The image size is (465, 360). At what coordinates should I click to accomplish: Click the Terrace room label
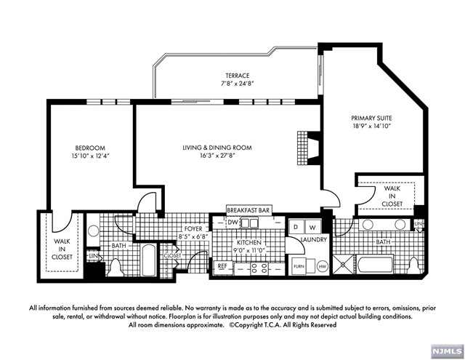tap(238, 76)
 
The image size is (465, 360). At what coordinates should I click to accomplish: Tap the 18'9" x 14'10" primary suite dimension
tap(372, 126)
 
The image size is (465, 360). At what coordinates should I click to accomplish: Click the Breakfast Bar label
tap(248, 210)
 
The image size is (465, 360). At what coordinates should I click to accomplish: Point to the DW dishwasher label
tap(233, 223)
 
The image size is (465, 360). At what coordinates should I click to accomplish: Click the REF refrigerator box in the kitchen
tap(223, 266)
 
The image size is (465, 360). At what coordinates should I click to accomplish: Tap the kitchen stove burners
tap(259, 268)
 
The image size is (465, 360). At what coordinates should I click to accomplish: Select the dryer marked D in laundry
tap(296, 228)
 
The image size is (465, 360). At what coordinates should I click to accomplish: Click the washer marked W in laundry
tap(312, 228)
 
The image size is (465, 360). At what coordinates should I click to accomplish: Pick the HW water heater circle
tap(323, 266)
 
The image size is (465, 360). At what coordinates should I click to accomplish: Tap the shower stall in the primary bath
tap(344, 264)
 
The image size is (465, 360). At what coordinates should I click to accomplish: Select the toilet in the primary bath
tap(413, 265)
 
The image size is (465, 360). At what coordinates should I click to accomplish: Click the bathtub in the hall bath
tap(149, 260)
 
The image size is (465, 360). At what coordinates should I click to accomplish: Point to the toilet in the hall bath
tap(116, 268)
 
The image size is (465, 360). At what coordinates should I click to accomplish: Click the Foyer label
tap(193, 229)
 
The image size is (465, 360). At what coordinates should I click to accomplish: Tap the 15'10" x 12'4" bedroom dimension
tap(90, 156)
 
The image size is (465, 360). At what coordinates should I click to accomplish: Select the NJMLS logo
tap(448, 352)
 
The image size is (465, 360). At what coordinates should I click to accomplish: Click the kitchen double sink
tap(249, 223)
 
